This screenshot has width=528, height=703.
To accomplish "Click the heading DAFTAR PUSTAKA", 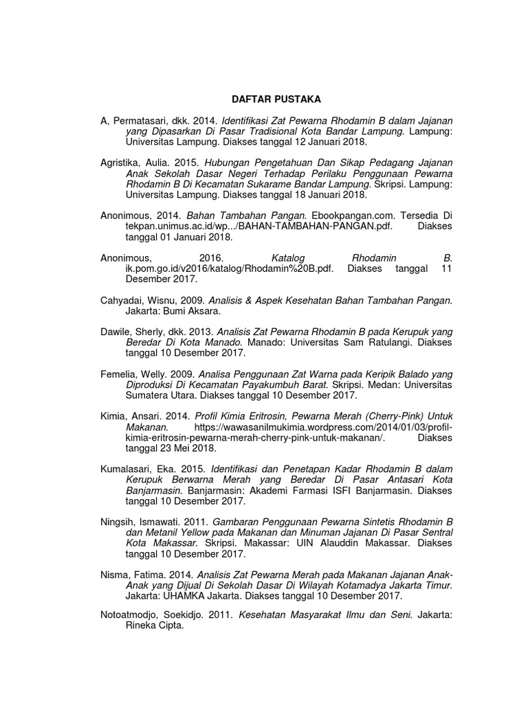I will tap(263, 100).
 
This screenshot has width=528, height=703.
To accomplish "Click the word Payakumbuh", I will tap(278, 385).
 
